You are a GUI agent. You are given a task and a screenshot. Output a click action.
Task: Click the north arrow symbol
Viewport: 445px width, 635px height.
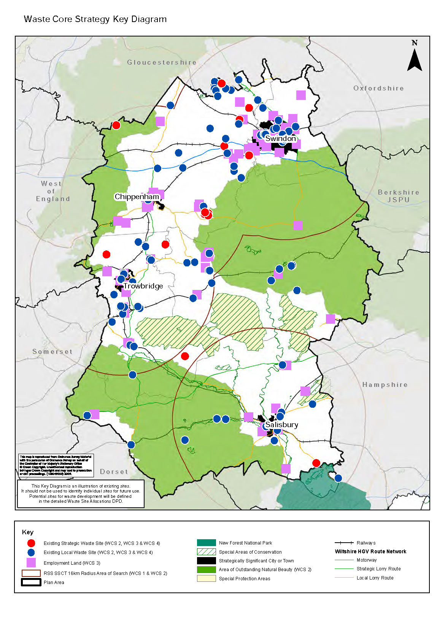point(415,59)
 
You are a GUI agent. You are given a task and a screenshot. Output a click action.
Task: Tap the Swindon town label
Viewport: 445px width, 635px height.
point(280,139)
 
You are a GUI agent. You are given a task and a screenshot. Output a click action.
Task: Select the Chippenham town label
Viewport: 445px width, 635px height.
point(137,197)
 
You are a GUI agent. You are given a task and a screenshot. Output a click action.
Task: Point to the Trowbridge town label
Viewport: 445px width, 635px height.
point(143,286)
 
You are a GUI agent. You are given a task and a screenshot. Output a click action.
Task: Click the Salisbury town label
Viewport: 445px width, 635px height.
point(281,425)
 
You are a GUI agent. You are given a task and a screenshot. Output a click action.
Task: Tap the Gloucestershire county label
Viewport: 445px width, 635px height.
point(162,62)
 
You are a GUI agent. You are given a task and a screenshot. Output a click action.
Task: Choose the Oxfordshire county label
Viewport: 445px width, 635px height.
point(378,88)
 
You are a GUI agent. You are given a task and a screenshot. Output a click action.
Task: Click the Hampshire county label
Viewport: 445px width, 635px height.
point(385,385)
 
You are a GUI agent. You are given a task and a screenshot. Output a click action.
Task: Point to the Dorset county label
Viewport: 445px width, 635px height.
point(114,472)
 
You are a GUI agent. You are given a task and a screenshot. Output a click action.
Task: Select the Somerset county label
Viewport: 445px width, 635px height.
point(52,352)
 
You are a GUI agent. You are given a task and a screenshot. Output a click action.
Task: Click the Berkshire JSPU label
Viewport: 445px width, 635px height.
point(398,196)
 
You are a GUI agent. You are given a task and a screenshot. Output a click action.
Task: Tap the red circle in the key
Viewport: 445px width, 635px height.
point(31,543)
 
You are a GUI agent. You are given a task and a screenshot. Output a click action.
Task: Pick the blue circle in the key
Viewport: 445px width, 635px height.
point(31,553)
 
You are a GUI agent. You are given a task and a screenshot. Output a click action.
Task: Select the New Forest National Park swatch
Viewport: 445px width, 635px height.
point(206,543)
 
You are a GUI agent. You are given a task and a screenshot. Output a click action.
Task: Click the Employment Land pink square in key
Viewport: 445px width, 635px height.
point(31,563)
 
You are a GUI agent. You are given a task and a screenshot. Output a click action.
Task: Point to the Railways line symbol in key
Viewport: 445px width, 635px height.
point(344,543)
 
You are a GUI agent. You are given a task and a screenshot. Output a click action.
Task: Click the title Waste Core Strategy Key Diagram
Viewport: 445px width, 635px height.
point(95,19)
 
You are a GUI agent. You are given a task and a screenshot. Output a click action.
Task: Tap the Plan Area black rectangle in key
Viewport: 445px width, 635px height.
point(31,582)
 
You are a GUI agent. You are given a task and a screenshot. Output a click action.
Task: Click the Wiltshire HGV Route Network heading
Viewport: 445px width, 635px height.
point(370,551)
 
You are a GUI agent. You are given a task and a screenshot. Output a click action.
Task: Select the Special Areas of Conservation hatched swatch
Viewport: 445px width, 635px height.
point(206,552)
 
